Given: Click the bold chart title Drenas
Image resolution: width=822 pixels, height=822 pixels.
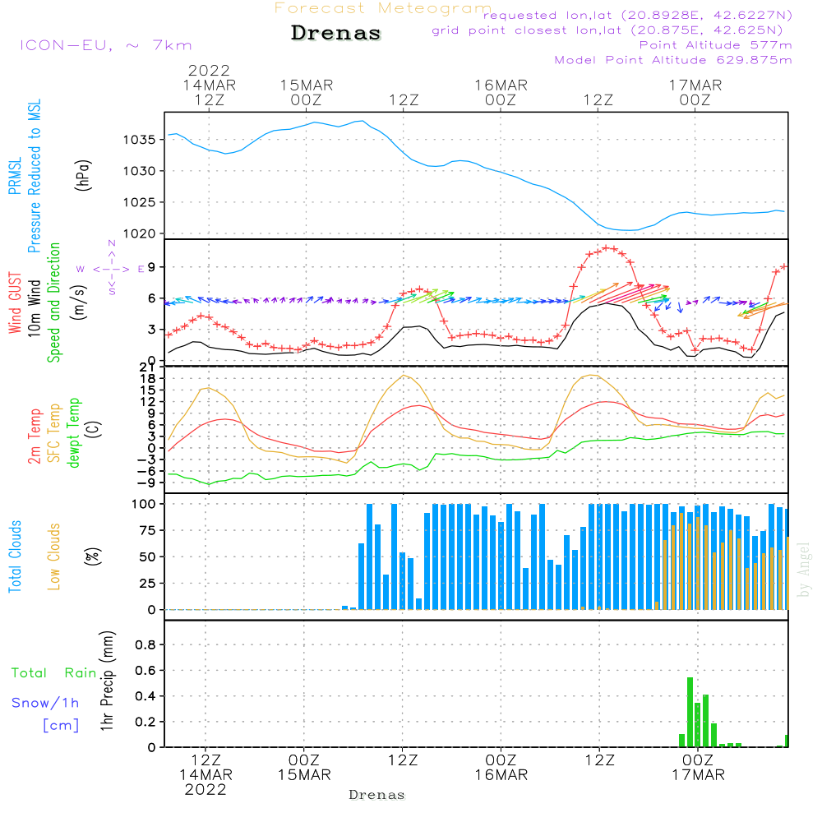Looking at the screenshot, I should click(x=336, y=34).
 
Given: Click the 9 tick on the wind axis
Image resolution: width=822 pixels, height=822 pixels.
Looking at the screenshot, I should click(x=151, y=267).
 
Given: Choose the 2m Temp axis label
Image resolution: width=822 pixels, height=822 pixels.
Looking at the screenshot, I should click(x=35, y=435).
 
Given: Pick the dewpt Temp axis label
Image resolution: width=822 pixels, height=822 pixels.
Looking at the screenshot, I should click(x=74, y=432).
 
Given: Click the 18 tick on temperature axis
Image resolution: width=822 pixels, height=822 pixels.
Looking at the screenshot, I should click(x=147, y=378).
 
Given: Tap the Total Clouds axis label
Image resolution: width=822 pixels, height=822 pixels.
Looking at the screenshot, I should click(x=14, y=556).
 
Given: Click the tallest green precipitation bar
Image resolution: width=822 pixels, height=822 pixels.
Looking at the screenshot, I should click(x=690, y=712).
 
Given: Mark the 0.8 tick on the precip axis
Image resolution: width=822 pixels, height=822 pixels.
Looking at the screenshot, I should click(x=145, y=645).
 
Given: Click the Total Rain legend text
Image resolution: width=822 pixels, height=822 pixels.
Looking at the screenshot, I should click(x=54, y=673).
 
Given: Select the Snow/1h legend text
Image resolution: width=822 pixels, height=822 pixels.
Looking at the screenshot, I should click(x=45, y=703).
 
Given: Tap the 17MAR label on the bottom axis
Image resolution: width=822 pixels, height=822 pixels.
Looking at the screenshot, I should click(x=697, y=774).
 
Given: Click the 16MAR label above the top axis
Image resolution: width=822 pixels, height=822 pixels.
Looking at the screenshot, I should click(x=501, y=85).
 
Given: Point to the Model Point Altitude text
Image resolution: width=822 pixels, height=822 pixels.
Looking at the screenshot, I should click(x=673, y=60).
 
